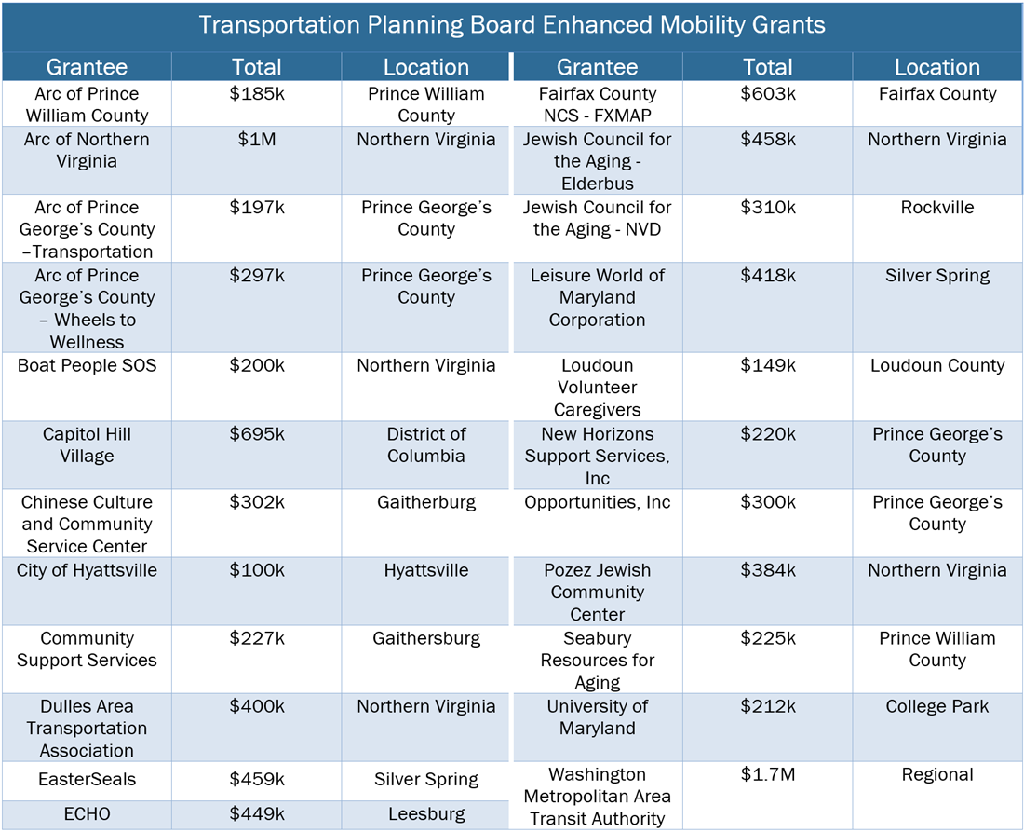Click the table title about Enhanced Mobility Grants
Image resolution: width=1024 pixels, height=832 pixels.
point(512,25)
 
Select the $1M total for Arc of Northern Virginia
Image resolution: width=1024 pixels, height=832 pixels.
point(256,140)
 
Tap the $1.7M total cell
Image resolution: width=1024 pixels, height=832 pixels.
point(768,775)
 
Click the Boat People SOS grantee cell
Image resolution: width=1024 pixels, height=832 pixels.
point(87,366)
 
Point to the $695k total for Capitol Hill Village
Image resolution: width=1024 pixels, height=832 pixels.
point(256,434)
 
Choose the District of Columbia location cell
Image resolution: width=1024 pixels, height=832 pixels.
point(426,445)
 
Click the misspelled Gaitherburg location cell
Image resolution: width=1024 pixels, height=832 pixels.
point(426,502)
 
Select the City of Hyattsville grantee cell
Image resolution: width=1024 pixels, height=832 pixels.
point(87,570)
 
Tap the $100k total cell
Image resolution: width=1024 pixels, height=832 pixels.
point(256,570)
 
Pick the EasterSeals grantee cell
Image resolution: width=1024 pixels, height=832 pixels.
point(87,780)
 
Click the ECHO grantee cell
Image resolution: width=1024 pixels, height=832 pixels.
point(87,814)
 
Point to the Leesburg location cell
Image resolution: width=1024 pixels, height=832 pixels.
point(426,814)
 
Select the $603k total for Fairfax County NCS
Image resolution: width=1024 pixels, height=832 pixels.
point(768,94)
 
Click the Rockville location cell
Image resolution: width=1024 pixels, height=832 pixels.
point(937,208)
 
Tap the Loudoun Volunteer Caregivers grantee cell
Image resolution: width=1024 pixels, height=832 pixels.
point(597,388)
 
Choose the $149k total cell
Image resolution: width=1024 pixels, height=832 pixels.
point(768,366)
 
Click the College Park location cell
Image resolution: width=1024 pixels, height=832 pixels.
point(937,707)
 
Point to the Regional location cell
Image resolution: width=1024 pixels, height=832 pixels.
point(937,775)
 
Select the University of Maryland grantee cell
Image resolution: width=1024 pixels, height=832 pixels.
point(597,717)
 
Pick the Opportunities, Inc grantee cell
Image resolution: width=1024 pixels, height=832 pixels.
point(597,502)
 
